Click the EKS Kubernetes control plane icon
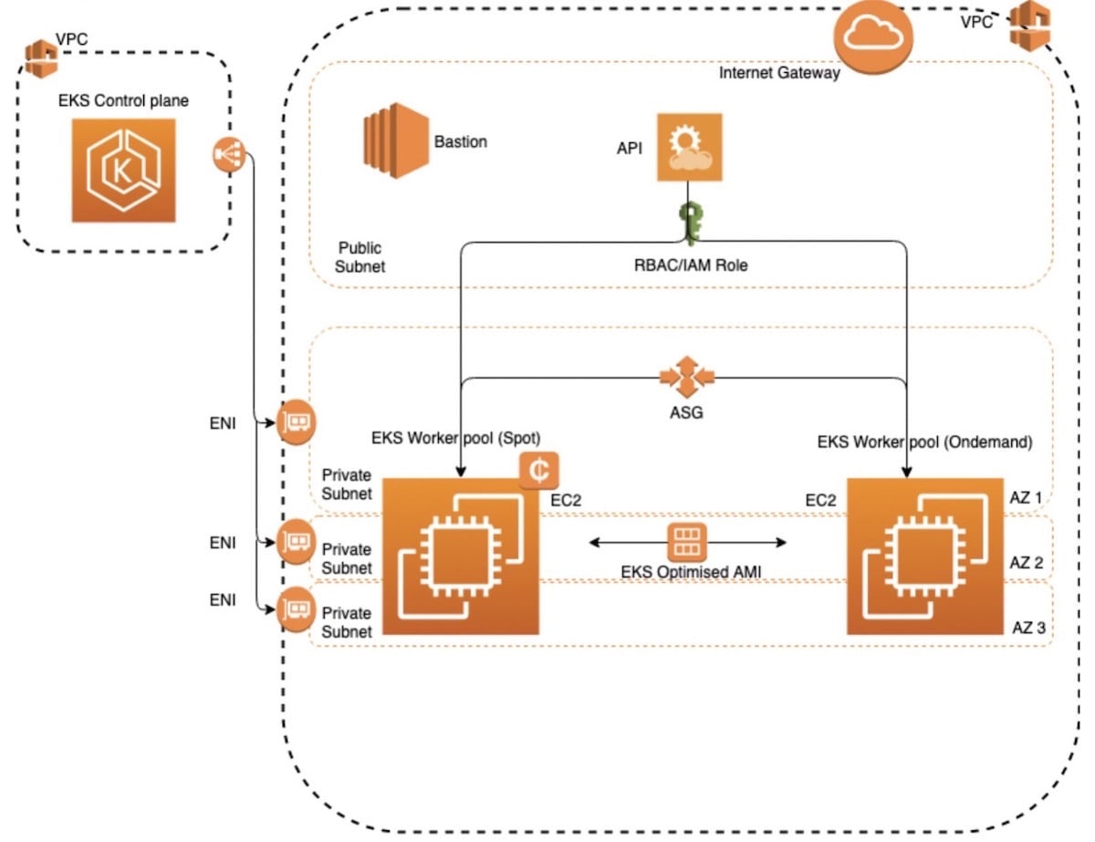pos(123,171)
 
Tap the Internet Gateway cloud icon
pos(872,36)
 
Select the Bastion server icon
pos(396,140)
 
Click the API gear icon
pos(689,147)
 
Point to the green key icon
pos(691,223)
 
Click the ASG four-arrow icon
pos(687,377)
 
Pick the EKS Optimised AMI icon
pos(687,543)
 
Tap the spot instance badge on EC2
pos(539,471)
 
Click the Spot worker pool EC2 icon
pos(461,556)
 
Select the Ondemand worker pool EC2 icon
pos(925,556)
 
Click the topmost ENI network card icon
pos(297,422)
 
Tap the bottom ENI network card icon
pos(296,609)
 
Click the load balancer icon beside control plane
pos(229,154)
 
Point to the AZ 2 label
pos(1027,563)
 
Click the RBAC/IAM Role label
pos(691,265)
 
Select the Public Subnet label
pos(360,257)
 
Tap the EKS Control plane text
pos(123,100)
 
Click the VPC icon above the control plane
pos(41,59)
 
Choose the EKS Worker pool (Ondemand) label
pos(924,442)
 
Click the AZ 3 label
pos(1029,628)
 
